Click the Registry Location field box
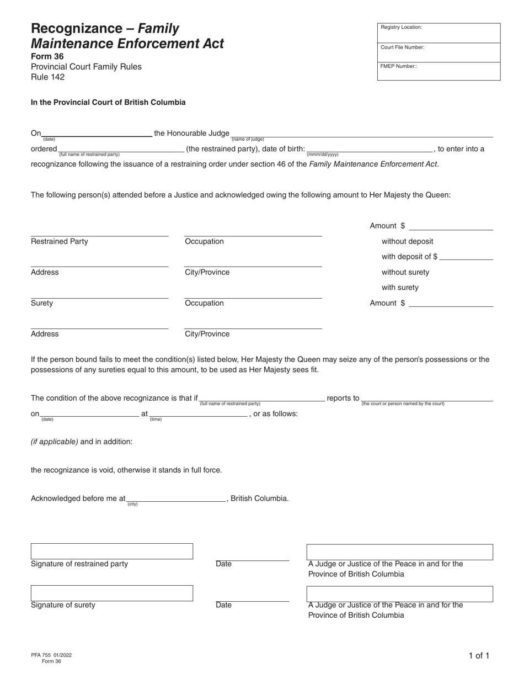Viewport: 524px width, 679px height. pos(439,33)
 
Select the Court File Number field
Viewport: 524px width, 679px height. pos(439,52)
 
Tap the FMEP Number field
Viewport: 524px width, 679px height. pos(439,71)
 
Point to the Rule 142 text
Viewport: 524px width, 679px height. pos(47,77)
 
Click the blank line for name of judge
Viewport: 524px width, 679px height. pos(361,134)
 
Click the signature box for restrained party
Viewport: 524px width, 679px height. pos(111,551)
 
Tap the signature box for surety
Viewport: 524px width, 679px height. pos(111,593)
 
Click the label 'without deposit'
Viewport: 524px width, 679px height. pos(407,241)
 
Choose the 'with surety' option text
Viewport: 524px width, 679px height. pos(400,288)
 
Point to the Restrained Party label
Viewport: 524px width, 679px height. pos(59,241)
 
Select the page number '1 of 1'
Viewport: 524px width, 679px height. pos(478,656)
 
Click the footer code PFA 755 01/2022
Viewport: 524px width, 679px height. pos(51,655)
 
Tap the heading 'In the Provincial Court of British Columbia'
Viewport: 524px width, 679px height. pos(108,102)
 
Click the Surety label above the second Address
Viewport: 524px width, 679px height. pos(42,303)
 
